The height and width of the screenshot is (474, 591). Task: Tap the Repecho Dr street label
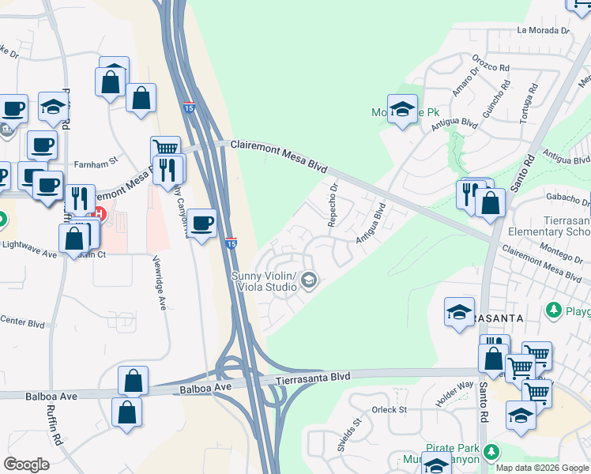333,204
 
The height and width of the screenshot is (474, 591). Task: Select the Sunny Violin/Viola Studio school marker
310,280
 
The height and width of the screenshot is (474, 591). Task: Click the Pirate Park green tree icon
492,452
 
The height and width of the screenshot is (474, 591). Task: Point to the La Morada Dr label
543,30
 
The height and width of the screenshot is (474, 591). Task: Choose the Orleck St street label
389,410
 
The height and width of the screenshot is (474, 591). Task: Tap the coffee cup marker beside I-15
202,222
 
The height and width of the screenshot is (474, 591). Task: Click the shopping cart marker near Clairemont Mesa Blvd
164,148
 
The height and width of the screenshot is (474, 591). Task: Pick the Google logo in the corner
26,465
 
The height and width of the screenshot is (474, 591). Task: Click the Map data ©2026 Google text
542,467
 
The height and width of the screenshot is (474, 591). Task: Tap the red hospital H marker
100,213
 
